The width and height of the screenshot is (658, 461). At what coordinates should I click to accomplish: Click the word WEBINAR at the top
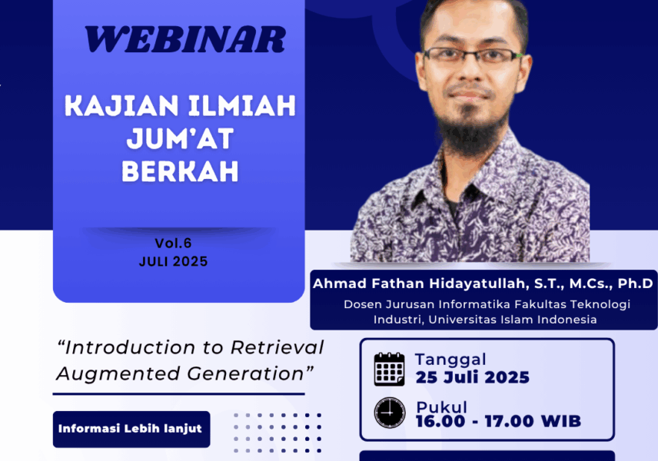coord(185,39)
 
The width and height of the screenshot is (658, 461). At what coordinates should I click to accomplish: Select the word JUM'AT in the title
coord(180,138)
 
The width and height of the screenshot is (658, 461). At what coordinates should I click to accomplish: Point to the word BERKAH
coord(180,171)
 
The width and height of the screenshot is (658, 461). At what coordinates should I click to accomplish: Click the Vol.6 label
coord(173,243)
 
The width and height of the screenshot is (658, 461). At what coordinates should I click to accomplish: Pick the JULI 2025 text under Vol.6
coord(173,261)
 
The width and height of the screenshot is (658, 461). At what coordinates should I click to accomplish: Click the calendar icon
coord(390,369)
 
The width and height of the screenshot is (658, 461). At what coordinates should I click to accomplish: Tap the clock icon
coord(390,413)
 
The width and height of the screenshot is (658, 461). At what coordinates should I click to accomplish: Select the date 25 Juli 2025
coord(473,377)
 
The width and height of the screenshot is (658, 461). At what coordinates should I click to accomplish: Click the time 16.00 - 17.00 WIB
coord(499,421)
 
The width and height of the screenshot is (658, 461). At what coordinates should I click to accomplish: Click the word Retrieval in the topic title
coord(277,347)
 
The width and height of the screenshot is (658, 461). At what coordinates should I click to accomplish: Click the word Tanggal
coord(450,360)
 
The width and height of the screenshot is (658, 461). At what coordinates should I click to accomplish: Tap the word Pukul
coord(441,406)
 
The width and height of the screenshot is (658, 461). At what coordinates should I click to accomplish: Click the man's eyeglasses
coord(473,55)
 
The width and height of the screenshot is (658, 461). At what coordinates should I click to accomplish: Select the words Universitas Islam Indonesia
coord(513,320)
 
